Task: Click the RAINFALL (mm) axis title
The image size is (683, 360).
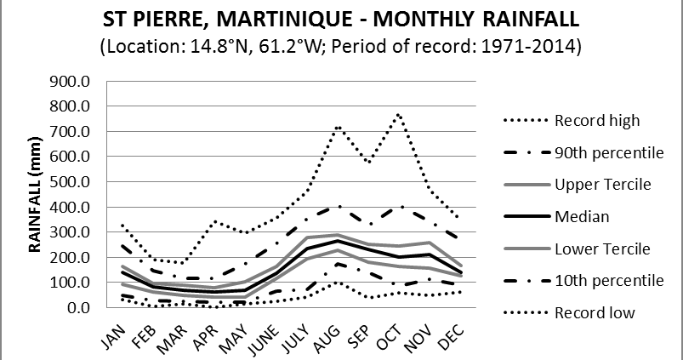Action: tap(36, 194)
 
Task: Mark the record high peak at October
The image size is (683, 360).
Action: tap(397, 113)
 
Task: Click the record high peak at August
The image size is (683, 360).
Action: tap(338, 128)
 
